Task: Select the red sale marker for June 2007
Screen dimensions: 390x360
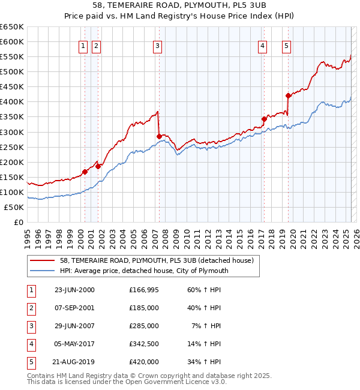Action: (x=159, y=136)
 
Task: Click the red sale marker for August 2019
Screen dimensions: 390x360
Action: (x=288, y=95)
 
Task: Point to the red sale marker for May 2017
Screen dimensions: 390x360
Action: (x=264, y=119)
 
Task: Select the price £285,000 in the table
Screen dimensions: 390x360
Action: (x=144, y=326)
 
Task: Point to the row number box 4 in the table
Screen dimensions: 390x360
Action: (x=30, y=344)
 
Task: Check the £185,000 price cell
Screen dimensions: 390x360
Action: (x=144, y=308)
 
